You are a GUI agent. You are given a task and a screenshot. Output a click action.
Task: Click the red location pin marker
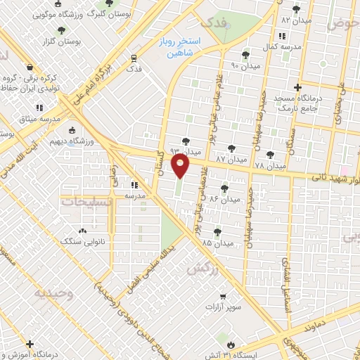(181, 167)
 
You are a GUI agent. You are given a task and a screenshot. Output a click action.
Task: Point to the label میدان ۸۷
(231, 160)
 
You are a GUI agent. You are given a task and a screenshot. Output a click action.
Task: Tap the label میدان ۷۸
(270, 166)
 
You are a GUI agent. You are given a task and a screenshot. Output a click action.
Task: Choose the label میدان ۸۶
(224, 199)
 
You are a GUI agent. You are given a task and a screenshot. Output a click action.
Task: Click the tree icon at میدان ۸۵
(217, 230)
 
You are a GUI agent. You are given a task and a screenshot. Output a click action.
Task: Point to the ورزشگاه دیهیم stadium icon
(72, 130)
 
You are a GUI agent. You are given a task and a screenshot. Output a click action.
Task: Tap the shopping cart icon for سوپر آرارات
(222, 296)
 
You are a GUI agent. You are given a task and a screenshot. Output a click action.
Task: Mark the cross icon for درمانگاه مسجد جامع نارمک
(298, 88)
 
